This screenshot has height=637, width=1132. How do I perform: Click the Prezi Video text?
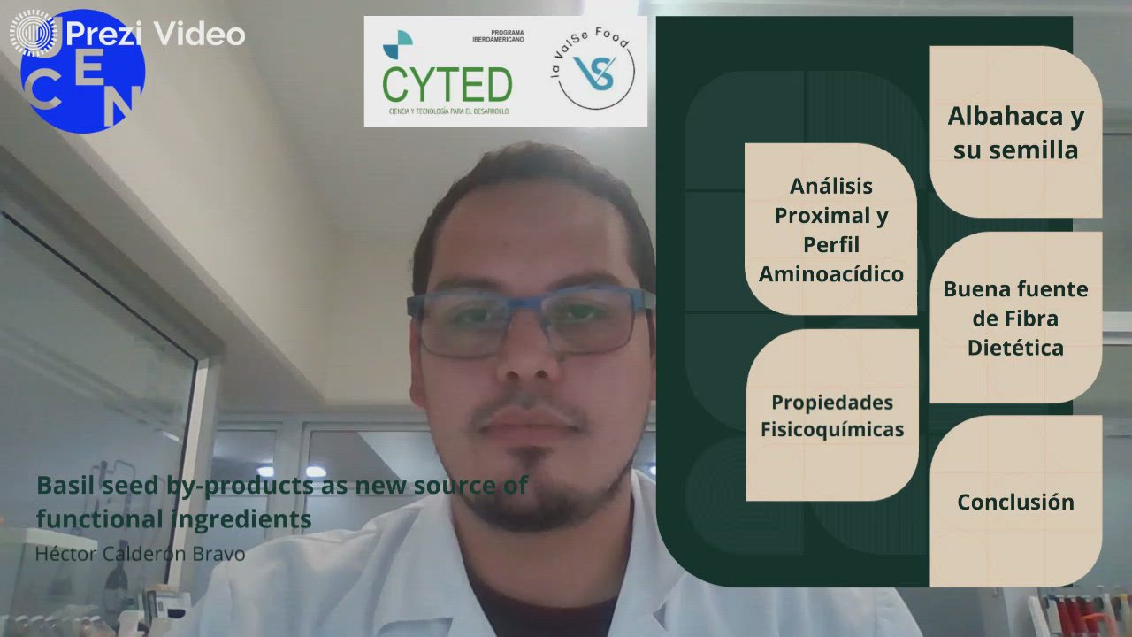click(x=155, y=35)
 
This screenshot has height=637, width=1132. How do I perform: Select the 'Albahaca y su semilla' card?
click(x=1016, y=132)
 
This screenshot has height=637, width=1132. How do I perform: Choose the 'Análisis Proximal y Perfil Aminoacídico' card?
click(x=831, y=229)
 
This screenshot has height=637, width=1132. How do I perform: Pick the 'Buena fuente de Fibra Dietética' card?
click(x=1015, y=318)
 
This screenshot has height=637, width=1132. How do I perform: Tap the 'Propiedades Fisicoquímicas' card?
click(x=832, y=415)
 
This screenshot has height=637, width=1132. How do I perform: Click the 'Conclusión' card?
click(x=1015, y=502)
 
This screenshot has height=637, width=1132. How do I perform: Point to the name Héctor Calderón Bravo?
click(x=140, y=555)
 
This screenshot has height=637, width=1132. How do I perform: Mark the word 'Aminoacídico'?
click(x=831, y=274)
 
